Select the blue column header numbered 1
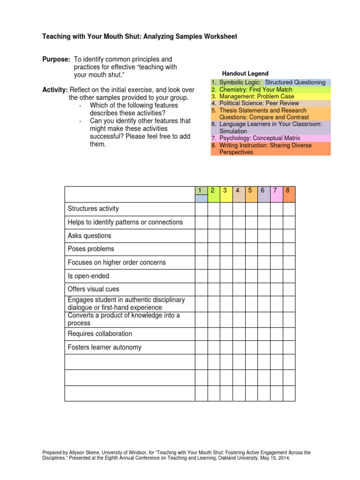(201, 191)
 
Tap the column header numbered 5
(251, 191)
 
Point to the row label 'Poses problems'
(91, 249)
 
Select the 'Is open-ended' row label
(89, 276)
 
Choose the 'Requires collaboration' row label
(100, 334)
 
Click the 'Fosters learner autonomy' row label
(105, 347)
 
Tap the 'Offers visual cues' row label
(94, 289)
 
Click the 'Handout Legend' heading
(245, 74)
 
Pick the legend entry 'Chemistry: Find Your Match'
(255, 90)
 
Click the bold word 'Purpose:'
(56, 60)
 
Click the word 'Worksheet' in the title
(220, 36)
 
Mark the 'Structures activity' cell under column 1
(201, 209)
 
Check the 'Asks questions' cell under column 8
(289, 236)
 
